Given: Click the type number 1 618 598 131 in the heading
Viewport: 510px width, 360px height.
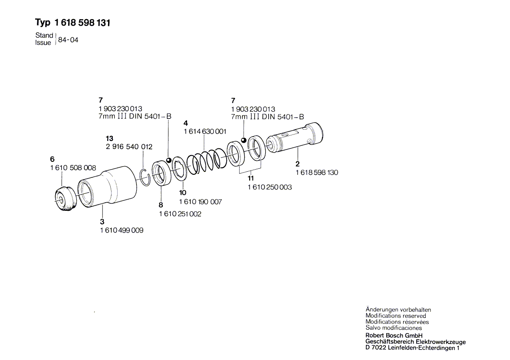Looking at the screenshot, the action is click(82, 23).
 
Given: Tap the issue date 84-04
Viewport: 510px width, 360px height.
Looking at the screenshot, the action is click(68, 40).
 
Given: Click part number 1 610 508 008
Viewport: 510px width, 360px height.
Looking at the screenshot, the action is click(73, 168).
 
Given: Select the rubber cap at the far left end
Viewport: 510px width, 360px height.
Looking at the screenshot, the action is click(66, 198).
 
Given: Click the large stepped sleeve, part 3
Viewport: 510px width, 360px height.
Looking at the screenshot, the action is click(107, 187).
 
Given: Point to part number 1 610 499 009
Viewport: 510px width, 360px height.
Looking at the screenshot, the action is click(122, 230).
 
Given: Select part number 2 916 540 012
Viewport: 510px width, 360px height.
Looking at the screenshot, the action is click(129, 147).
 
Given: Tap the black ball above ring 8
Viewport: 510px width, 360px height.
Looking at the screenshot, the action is click(168, 160).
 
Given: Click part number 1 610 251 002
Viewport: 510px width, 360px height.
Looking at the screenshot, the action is click(180, 214).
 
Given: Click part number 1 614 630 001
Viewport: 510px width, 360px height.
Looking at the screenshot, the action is click(205, 131).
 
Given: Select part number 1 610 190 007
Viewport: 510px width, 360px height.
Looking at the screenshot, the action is click(201, 202).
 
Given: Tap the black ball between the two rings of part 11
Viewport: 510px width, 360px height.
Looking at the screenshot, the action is click(243, 140).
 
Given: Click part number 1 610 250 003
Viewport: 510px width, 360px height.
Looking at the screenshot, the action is click(270, 187).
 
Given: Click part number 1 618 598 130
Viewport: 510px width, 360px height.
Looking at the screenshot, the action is click(317, 172).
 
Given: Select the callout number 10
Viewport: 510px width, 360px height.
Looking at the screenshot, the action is click(182, 193).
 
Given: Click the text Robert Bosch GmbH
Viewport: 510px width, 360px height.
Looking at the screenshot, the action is click(394, 336).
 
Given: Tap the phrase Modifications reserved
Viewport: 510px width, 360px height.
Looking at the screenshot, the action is click(395, 316).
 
